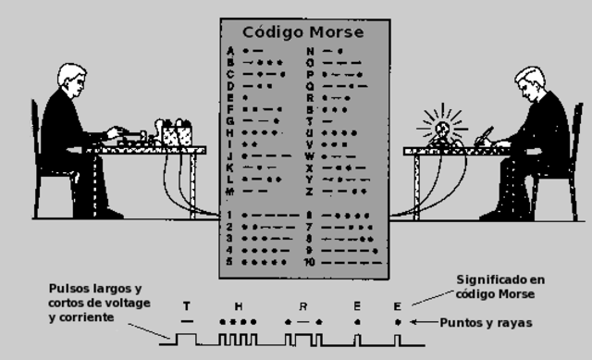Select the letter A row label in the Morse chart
pos(229,50)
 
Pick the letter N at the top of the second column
pos(310,50)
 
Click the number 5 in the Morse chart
pos(229,262)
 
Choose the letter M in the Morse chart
pos(229,191)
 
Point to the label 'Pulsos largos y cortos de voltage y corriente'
pos(94,303)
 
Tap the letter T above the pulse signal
pos(187,305)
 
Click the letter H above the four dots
pos(239,305)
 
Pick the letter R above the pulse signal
pos(302,305)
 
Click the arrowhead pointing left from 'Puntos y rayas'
pos(413,322)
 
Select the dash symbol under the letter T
pos(187,321)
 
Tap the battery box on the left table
pos(176,135)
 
